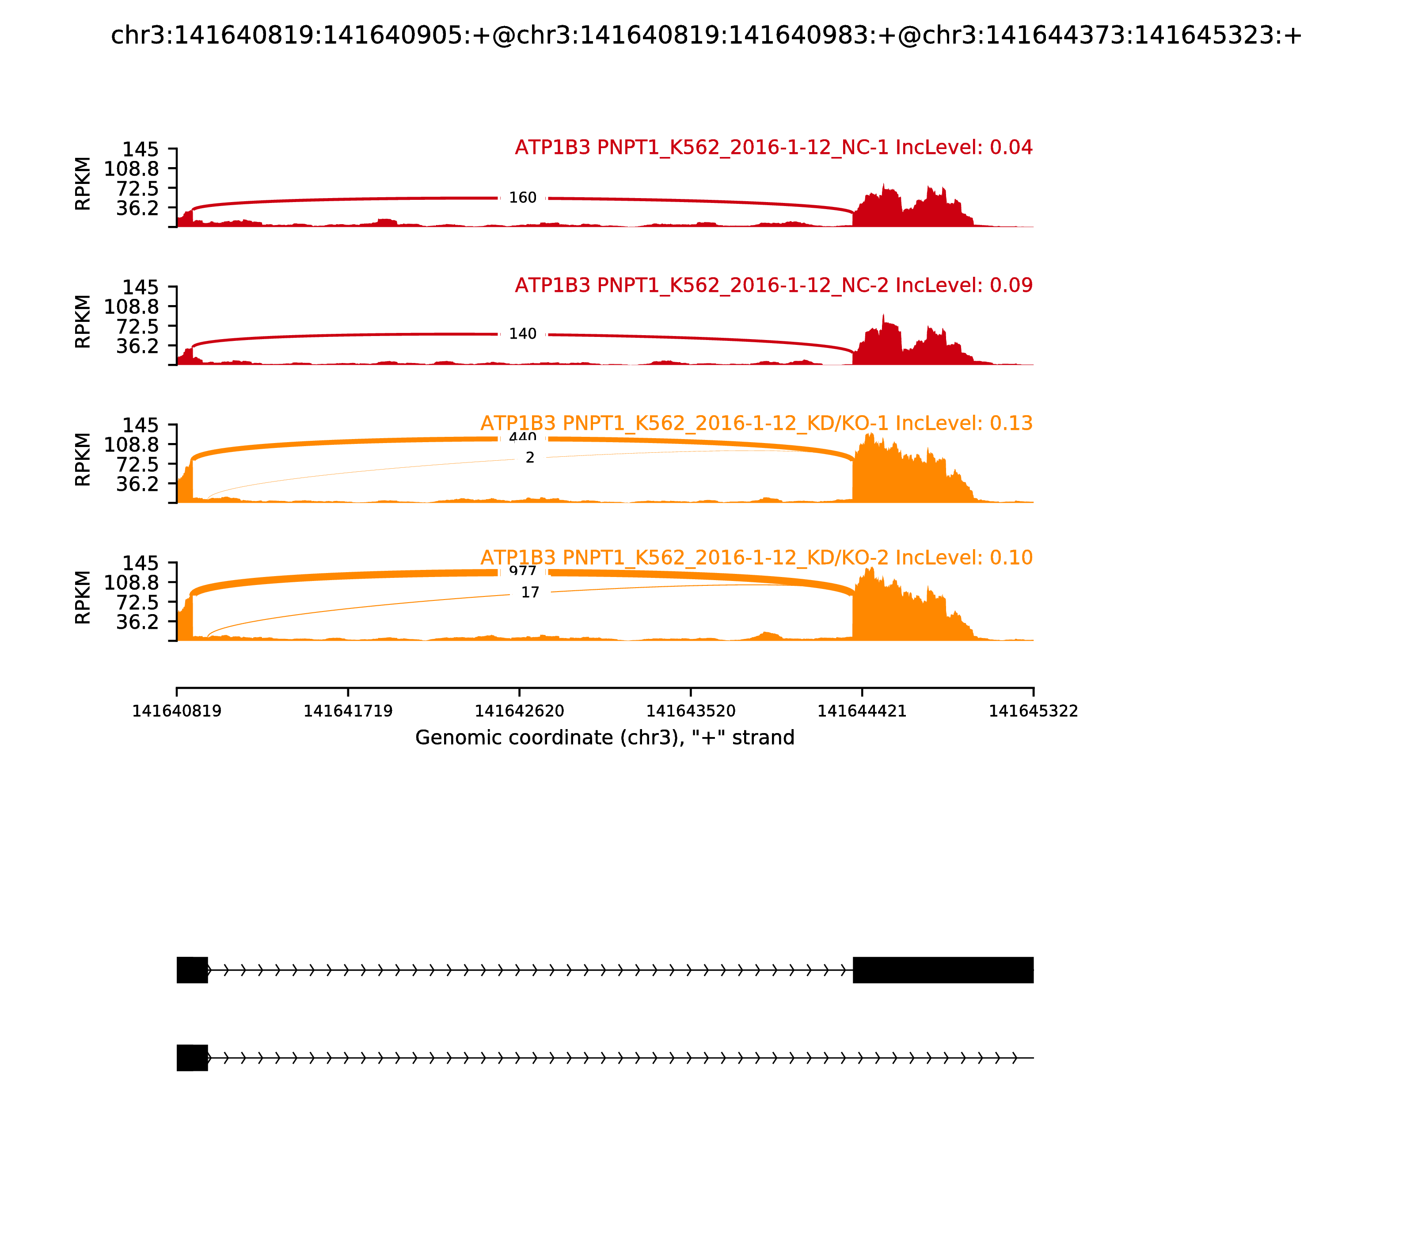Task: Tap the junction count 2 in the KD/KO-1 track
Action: tap(529, 458)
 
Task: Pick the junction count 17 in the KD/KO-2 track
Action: tap(529, 593)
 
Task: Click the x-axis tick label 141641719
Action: tap(348, 711)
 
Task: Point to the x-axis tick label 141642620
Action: tap(519, 711)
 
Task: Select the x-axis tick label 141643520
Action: tap(690, 711)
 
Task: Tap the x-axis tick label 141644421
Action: tap(862, 711)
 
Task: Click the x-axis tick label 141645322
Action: tap(1033, 711)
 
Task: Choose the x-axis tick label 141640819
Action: tap(177, 711)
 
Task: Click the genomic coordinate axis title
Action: tap(605, 738)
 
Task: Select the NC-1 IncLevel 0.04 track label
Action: tap(773, 148)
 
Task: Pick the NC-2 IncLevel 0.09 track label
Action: tap(773, 285)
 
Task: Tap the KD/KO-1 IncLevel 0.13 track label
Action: tap(756, 424)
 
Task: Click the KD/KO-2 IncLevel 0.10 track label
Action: tap(756, 558)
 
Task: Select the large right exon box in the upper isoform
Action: tap(943, 970)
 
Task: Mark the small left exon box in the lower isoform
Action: tap(192, 1058)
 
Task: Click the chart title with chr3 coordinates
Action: tap(706, 36)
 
